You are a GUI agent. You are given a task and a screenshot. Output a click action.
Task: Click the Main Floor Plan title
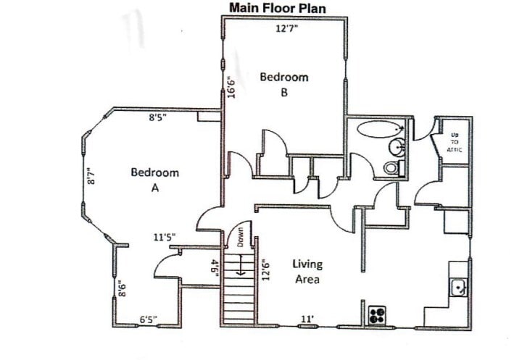[278, 8]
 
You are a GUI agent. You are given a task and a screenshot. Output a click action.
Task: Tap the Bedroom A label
[155, 180]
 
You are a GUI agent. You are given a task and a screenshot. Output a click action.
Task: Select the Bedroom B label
[284, 84]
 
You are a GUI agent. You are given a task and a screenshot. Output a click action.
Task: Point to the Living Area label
[307, 271]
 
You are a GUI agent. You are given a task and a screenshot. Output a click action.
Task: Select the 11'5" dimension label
[164, 236]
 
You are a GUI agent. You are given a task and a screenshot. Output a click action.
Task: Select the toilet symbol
[391, 168]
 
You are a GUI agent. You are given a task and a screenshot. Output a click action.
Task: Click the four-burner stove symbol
[377, 315]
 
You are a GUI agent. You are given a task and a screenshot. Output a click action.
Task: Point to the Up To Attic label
[455, 142]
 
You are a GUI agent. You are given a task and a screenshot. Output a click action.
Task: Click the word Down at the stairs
[240, 236]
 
